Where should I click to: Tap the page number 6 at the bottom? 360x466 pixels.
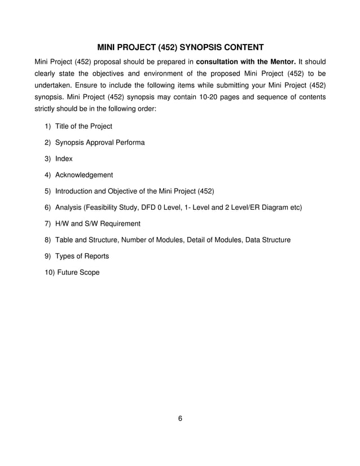(180, 419)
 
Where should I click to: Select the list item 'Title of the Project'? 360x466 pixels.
(83, 126)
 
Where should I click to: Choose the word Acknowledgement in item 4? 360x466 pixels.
(84, 175)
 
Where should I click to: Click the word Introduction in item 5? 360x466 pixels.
(74, 191)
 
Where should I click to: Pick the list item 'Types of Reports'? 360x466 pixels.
(82, 256)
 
